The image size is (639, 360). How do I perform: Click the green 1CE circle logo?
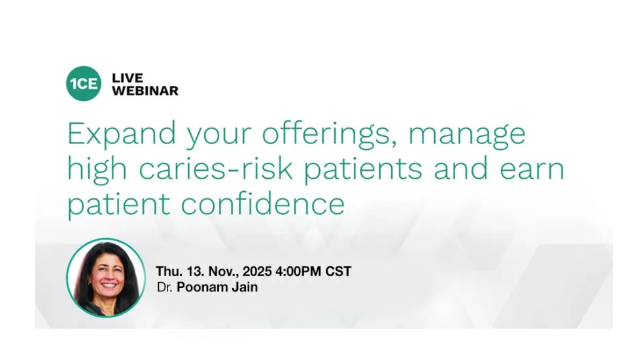(84, 84)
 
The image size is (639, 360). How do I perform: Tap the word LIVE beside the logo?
(128, 78)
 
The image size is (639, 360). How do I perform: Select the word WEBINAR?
(145, 91)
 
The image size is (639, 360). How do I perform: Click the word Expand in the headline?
(122, 134)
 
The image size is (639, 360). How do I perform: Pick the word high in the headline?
(97, 168)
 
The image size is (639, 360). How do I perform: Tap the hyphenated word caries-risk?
(216, 168)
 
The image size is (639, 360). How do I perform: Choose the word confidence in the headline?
(263, 203)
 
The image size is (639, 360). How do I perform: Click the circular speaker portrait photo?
(106, 278)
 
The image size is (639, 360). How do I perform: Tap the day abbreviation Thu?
(168, 272)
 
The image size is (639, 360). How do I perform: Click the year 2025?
(257, 272)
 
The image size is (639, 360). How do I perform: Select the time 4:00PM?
(298, 272)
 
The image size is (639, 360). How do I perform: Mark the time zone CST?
(338, 272)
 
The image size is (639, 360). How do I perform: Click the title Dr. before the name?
(165, 287)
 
